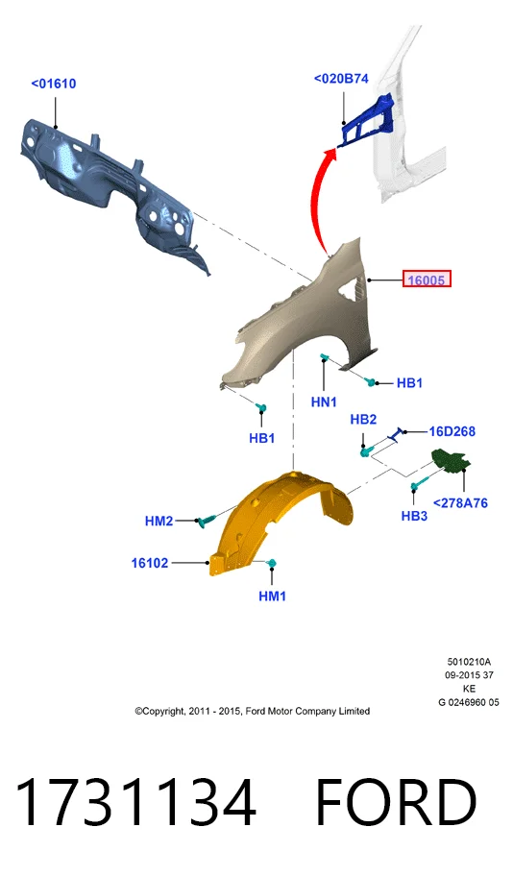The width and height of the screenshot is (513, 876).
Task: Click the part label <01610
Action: pyautogui.click(x=54, y=84)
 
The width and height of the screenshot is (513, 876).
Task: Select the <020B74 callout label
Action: pyautogui.click(x=341, y=79)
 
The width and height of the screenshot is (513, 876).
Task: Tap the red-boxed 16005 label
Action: pyautogui.click(x=427, y=279)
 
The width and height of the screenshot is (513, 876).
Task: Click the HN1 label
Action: pyautogui.click(x=324, y=401)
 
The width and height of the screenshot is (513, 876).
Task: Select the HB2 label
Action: pyautogui.click(x=363, y=420)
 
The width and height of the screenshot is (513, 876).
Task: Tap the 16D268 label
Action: pyautogui.click(x=452, y=431)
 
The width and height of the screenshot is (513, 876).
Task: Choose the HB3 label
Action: pyautogui.click(x=414, y=516)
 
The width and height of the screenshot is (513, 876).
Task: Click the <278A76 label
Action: pyautogui.click(x=460, y=503)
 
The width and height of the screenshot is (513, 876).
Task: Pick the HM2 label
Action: pyautogui.click(x=159, y=522)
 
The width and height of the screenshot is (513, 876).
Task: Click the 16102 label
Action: pyautogui.click(x=150, y=563)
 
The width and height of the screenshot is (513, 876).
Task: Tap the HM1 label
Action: pyautogui.click(x=272, y=596)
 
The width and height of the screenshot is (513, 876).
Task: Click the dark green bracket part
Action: pyautogui.click(x=452, y=460)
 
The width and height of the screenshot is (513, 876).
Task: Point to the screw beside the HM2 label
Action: pyautogui.click(x=206, y=521)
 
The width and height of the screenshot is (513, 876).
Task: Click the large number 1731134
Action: pyautogui.click(x=135, y=802)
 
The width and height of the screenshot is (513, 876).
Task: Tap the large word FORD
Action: pyautogui.click(x=396, y=802)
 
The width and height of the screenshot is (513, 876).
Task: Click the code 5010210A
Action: pyautogui.click(x=469, y=662)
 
